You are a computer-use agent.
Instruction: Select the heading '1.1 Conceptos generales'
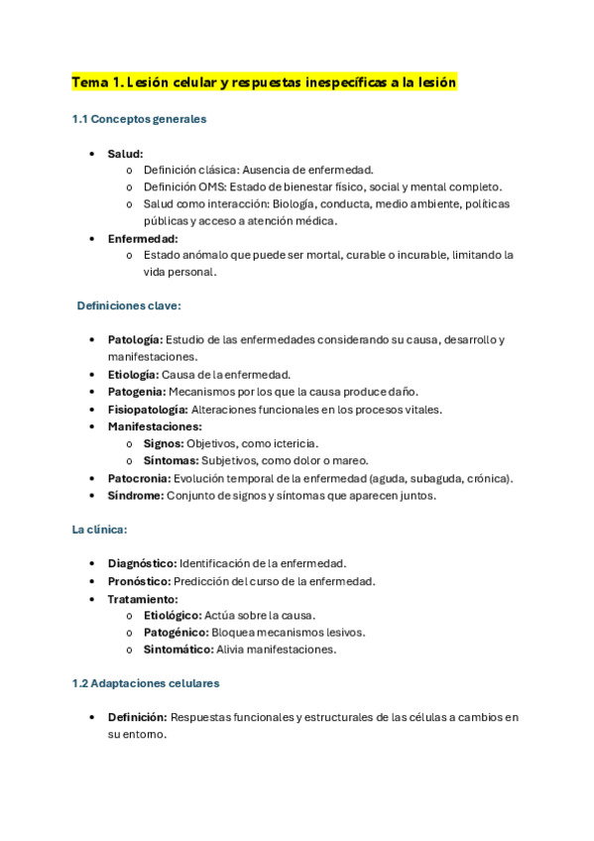click(x=139, y=119)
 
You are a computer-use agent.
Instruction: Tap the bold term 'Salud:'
click(x=125, y=154)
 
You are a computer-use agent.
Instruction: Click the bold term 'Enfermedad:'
click(x=143, y=238)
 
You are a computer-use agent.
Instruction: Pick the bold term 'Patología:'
click(x=135, y=340)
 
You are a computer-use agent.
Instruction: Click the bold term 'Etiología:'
click(x=132, y=375)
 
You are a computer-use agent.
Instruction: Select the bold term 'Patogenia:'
click(x=137, y=392)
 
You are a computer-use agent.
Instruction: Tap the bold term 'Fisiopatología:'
click(x=147, y=409)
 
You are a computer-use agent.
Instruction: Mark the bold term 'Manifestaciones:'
click(x=154, y=426)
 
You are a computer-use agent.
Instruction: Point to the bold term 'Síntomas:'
click(x=171, y=460)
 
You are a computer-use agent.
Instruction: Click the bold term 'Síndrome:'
click(x=136, y=495)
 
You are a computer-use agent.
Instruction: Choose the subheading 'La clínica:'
click(x=99, y=530)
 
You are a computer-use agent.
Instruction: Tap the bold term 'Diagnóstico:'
click(x=142, y=563)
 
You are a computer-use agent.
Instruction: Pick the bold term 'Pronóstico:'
click(x=140, y=581)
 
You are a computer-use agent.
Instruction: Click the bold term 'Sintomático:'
click(x=178, y=650)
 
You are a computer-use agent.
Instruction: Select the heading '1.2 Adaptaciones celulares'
click(x=146, y=683)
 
